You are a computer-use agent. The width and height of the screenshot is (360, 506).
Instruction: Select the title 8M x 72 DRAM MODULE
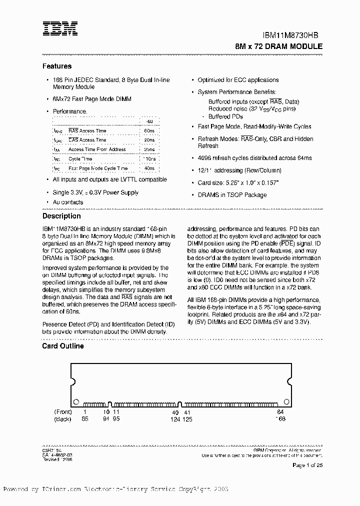click(278, 46)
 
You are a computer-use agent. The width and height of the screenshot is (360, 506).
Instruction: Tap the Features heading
click(57, 66)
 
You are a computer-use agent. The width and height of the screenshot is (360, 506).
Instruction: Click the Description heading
click(61, 216)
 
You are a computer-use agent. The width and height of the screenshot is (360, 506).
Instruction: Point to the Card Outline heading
click(63, 346)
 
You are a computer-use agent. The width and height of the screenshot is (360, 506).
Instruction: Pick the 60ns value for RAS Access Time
click(149, 130)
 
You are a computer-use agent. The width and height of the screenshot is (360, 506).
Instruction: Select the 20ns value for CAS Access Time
click(149, 140)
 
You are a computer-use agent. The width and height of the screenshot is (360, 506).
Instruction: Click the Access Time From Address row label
click(97, 149)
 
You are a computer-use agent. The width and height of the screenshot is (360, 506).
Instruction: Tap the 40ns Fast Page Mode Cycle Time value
click(149, 168)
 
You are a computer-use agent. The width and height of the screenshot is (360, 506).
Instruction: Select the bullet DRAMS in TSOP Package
click(232, 195)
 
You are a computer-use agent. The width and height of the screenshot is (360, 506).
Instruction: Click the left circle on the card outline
click(76, 401)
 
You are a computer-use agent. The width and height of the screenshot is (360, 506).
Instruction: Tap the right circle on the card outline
click(286, 401)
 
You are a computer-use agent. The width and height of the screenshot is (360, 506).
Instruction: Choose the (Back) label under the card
click(63, 419)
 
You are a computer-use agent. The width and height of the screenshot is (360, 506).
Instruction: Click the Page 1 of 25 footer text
click(307, 465)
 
